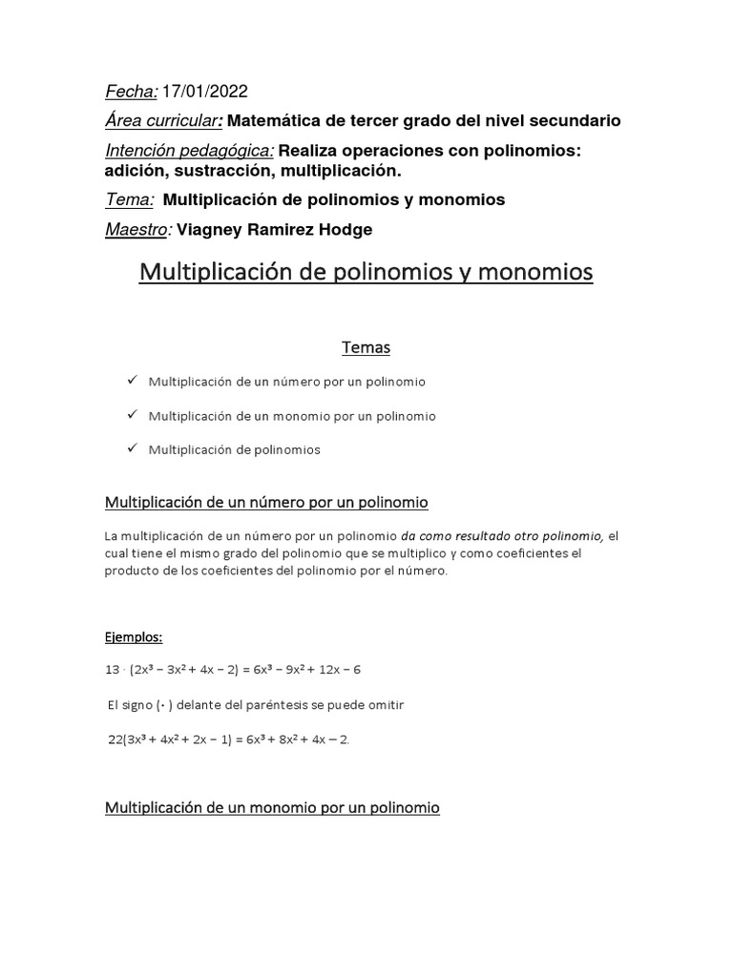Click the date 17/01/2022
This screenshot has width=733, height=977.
205,92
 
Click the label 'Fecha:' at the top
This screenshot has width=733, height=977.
131,92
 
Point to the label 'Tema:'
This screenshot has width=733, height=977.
129,200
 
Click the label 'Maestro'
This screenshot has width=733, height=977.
136,230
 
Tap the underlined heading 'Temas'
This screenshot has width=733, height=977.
366,348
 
